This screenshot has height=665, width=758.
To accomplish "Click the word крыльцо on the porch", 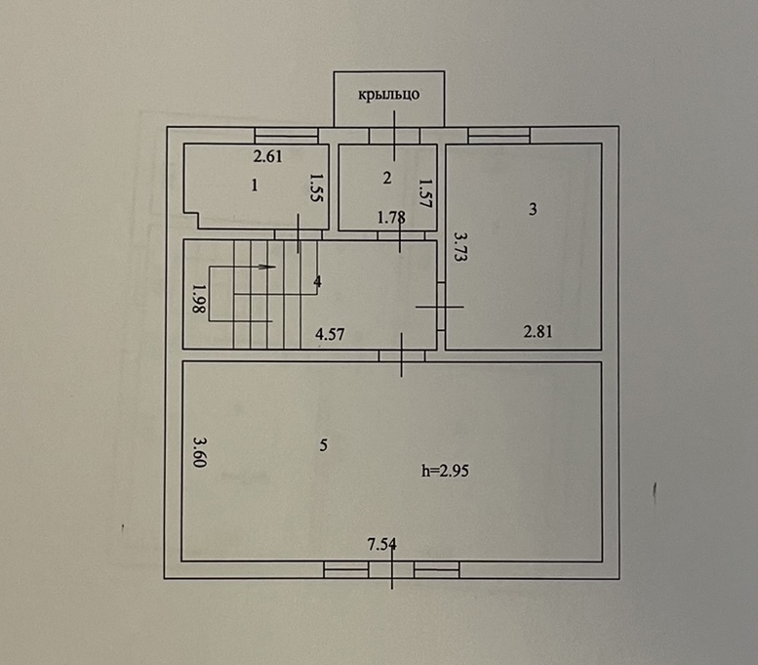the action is [x=388, y=95].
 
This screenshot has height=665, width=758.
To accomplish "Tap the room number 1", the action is [x=255, y=186].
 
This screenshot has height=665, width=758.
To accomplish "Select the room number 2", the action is [x=386, y=178].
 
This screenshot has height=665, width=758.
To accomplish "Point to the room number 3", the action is [x=533, y=209].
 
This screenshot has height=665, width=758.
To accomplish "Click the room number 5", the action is [x=324, y=444].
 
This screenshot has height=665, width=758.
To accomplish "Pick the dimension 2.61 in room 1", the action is [x=268, y=157].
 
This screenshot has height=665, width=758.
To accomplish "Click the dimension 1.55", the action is [x=316, y=187].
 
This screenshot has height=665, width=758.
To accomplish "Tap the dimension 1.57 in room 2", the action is [x=424, y=193].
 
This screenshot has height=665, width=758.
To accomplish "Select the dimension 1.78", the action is [x=391, y=218].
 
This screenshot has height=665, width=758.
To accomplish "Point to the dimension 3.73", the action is [x=460, y=247].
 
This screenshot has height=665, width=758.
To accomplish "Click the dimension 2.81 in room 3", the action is [x=539, y=332].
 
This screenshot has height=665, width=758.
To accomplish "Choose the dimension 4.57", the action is [x=330, y=334].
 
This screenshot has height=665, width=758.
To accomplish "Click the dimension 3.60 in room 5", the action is [x=200, y=452].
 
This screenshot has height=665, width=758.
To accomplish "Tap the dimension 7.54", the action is [x=381, y=545].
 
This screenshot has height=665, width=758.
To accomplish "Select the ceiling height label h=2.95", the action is [x=445, y=471].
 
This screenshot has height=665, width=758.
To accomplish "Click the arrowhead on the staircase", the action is [x=267, y=267].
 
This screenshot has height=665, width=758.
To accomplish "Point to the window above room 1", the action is [x=286, y=136].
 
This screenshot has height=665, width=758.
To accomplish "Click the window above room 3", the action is [x=499, y=136].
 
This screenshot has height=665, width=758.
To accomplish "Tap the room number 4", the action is [x=317, y=281].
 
